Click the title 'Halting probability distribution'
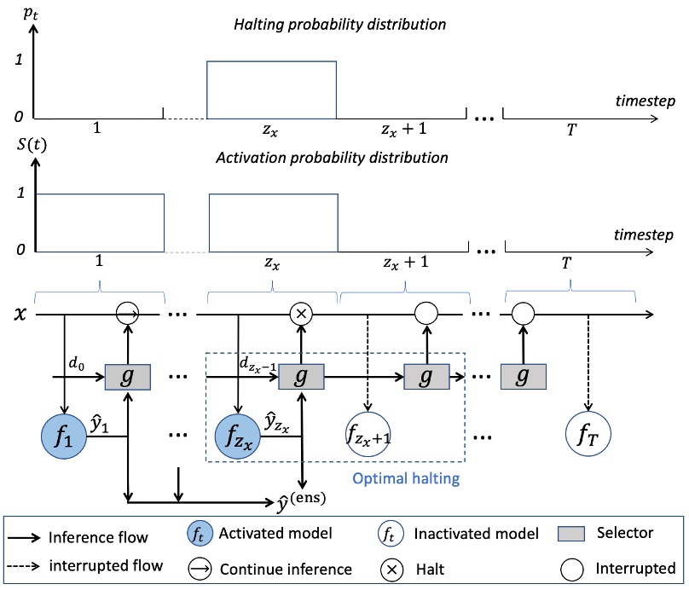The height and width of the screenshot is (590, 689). tap(340, 25)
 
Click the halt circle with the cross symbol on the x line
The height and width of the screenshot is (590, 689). tap(300, 314)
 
